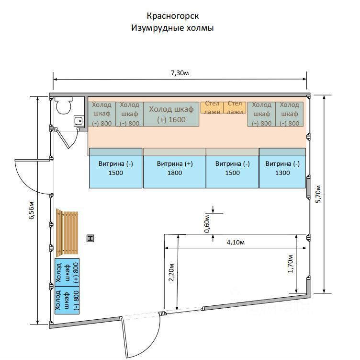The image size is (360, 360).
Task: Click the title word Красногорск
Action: click(x=172, y=16)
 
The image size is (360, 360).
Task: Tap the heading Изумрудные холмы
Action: click(x=172, y=28)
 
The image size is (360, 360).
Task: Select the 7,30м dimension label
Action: click(x=180, y=73)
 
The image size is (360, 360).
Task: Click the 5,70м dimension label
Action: click(x=319, y=194)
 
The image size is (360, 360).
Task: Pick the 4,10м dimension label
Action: click(x=236, y=243)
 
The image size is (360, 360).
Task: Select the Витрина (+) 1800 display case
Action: click(x=175, y=168)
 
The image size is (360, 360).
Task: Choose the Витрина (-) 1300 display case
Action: click(x=282, y=168)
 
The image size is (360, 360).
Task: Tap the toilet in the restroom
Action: click(x=64, y=105)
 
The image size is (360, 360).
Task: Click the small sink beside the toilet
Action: click(x=79, y=121)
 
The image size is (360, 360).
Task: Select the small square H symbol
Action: click(x=90, y=238)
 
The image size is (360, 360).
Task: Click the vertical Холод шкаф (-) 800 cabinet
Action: click(x=67, y=300)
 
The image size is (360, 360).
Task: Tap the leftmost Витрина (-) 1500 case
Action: click(x=116, y=168)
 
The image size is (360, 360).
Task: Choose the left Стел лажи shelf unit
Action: click(x=212, y=107)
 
